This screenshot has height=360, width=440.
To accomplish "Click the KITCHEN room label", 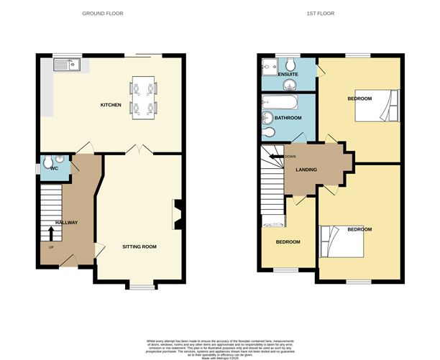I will (x=111, y=105).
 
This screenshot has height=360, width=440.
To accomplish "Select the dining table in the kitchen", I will (x=142, y=97).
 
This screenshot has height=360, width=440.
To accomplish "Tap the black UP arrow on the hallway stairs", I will (x=51, y=232).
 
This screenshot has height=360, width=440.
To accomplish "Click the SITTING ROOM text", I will (x=139, y=246).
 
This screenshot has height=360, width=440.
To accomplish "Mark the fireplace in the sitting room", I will (x=178, y=213).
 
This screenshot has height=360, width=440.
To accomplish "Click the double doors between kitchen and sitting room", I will (x=137, y=149).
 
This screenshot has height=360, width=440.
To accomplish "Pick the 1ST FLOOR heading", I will (x=321, y=14).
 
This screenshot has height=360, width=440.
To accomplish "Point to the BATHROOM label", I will (x=288, y=118).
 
